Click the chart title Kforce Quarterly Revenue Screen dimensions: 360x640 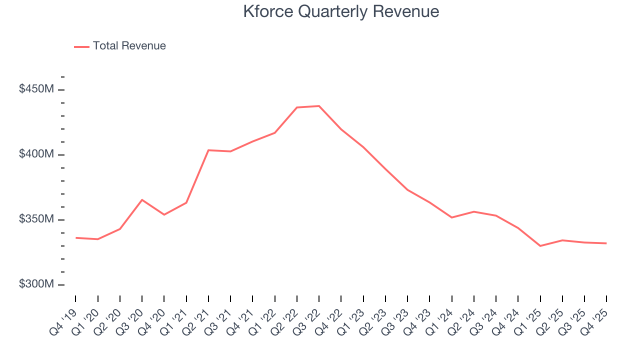coord(341,11)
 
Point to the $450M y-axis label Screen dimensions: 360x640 coord(36,89)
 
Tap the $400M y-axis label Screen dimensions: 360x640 coord(36,154)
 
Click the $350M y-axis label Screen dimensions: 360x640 coord(36,219)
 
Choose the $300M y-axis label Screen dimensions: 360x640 coord(36,284)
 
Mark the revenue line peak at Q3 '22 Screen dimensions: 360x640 coord(319,106)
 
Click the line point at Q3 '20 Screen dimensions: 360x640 coord(142,200)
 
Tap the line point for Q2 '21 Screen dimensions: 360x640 coord(208,150)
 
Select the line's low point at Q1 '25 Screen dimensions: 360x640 coord(540,246)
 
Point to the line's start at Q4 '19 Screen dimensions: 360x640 coord(75,238)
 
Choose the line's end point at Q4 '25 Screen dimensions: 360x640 coord(606,243)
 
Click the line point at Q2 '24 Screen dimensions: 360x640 coord(473,211)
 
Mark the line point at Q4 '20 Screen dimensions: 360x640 coord(164,214)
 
